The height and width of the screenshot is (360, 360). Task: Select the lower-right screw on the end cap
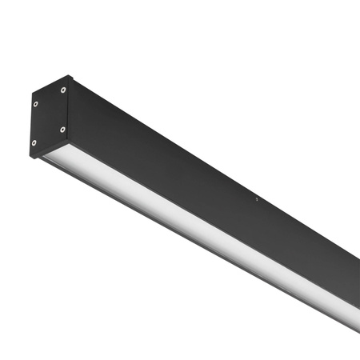pos(62,129)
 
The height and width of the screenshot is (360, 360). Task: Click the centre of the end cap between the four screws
pos(49,117)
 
